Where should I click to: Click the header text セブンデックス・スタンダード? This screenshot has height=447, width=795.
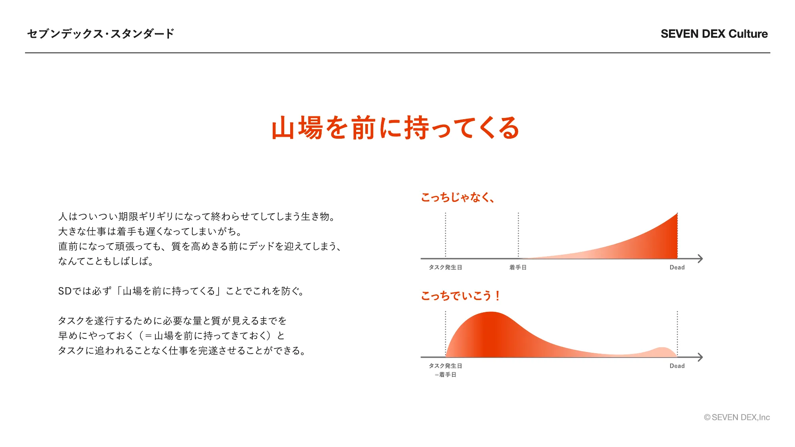pos(101,34)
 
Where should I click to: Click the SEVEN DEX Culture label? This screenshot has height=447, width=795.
pos(714,34)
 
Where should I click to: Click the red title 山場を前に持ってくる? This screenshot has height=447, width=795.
pos(396,128)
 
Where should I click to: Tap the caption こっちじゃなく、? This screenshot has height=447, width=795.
pos(458,197)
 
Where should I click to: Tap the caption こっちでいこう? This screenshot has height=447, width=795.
pos(460,296)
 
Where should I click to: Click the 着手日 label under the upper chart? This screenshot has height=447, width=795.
pos(518,267)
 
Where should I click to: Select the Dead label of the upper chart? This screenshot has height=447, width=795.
pos(677,267)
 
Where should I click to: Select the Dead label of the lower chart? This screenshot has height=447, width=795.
pos(677,366)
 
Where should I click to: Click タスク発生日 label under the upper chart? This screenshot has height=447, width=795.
pos(445,267)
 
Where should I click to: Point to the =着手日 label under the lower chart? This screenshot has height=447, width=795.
pos(445,375)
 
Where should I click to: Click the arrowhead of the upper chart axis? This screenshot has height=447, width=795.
pos(700,259)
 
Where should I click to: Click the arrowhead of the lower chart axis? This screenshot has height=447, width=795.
pos(700,357)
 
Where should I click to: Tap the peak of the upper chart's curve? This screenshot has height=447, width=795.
pos(677,213)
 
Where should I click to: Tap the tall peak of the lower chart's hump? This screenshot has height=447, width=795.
pos(491,312)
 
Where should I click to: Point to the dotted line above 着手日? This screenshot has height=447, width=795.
pos(518,235)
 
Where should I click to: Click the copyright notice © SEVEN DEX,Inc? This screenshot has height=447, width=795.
pos(737,417)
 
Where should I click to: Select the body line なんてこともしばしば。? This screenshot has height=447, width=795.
pos(106,261)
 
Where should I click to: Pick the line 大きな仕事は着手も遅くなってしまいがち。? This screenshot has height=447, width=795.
pos(150,232)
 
